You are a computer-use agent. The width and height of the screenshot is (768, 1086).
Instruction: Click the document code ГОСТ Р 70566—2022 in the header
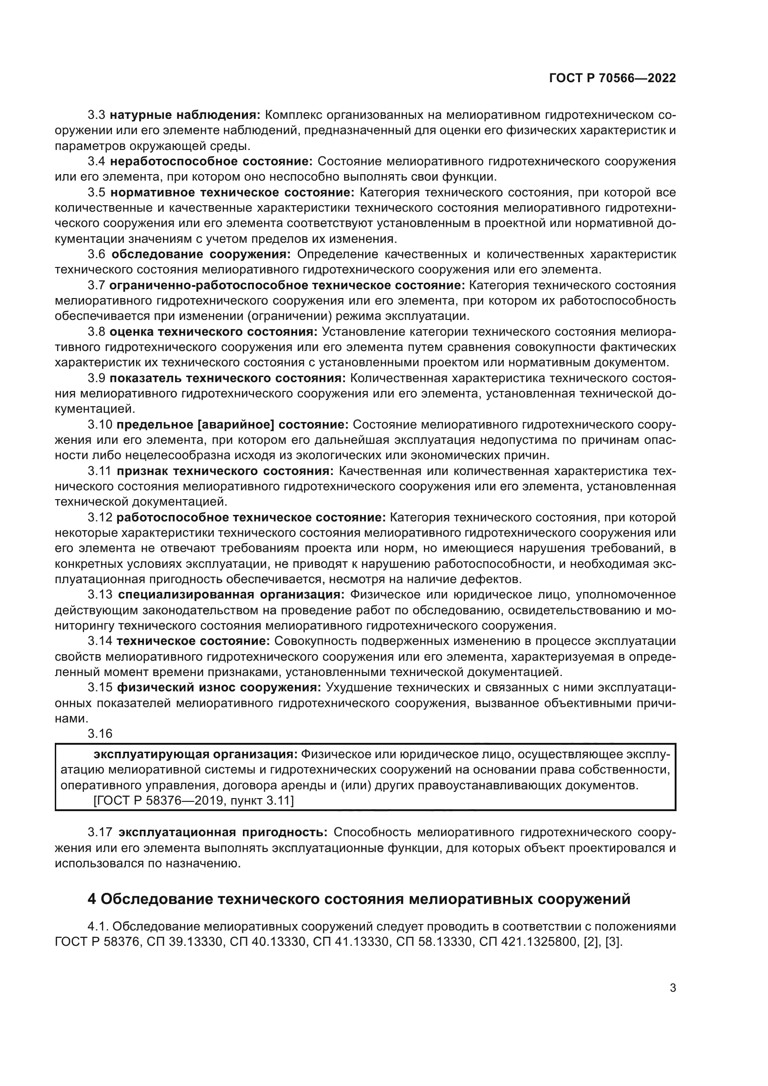pyautogui.click(x=612, y=78)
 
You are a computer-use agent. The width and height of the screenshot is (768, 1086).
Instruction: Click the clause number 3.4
pyautogui.click(x=97, y=161)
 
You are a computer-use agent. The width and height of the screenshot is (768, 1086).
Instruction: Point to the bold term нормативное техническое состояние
pyautogui.click(x=232, y=193)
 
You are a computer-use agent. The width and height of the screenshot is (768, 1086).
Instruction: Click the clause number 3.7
pyautogui.click(x=97, y=286)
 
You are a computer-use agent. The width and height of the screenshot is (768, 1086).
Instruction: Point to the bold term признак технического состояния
pyautogui.click(x=225, y=471)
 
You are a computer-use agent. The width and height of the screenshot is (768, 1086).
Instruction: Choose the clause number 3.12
pyautogui.click(x=100, y=517)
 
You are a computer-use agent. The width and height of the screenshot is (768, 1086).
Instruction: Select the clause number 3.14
pyautogui.click(x=100, y=641)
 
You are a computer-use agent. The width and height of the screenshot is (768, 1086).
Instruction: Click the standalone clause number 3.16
pyautogui.click(x=100, y=734)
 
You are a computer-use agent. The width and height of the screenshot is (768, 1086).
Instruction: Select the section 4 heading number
pyautogui.click(x=92, y=899)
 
